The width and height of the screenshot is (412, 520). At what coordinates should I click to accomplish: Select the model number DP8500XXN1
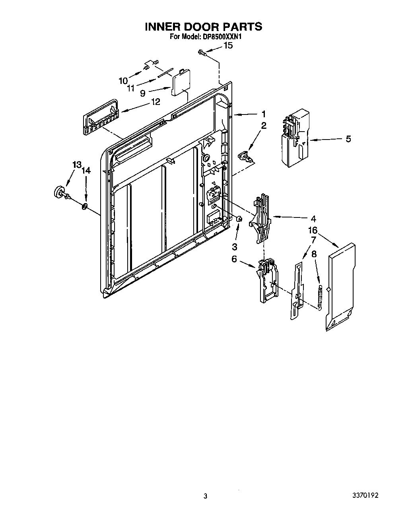(x=222, y=37)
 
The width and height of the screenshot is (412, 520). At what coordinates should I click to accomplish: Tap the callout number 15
(x=228, y=46)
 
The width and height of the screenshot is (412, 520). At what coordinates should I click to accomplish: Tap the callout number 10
(x=123, y=81)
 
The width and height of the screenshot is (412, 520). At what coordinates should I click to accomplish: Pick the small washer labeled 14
(x=84, y=206)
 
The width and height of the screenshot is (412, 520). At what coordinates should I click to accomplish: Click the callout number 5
(x=348, y=139)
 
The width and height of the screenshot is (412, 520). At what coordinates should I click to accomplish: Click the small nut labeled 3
(x=239, y=218)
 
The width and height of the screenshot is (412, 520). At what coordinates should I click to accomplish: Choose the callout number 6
(x=234, y=259)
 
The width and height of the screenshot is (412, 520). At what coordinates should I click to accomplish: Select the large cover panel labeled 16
(x=340, y=286)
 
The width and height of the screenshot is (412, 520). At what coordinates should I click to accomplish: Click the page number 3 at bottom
(x=205, y=496)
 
